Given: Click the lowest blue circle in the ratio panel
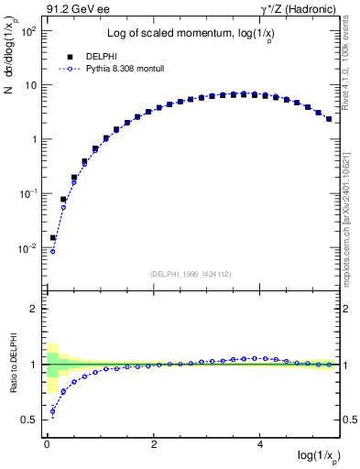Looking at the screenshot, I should click(x=53, y=411).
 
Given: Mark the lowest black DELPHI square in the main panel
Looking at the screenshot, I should click(x=53, y=237).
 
